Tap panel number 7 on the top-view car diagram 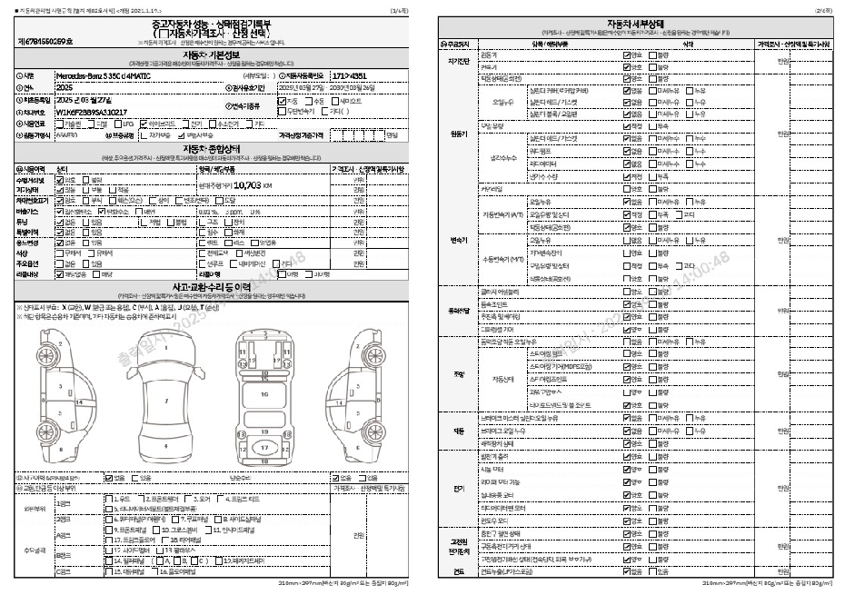point(165,399)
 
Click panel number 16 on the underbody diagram point(263,395)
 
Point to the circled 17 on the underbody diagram point(263,448)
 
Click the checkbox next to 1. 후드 point(109,499)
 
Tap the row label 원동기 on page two point(459,134)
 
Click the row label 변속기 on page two point(459,240)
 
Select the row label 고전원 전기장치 point(459,547)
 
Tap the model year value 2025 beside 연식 point(66,87)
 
